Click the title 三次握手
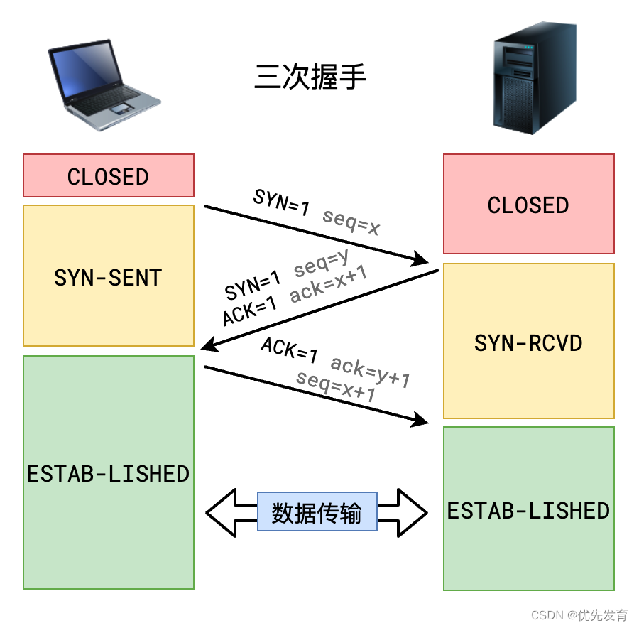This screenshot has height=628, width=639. (310, 77)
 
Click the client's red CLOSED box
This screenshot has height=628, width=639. (108, 176)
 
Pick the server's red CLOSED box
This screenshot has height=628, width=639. (528, 205)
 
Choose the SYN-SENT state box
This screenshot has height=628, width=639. (108, 276)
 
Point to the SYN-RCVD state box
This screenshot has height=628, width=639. (528, 342)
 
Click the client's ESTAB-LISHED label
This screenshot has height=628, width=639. (108, 473)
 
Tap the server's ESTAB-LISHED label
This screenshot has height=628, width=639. (528, 510)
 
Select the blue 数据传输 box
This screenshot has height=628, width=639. (317, 511)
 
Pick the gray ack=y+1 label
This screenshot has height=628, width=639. (371, 372)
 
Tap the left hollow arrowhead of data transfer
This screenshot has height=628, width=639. (220, 511)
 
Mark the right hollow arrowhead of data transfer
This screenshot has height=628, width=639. (413, 511)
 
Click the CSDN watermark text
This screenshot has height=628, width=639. (579, 615)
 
